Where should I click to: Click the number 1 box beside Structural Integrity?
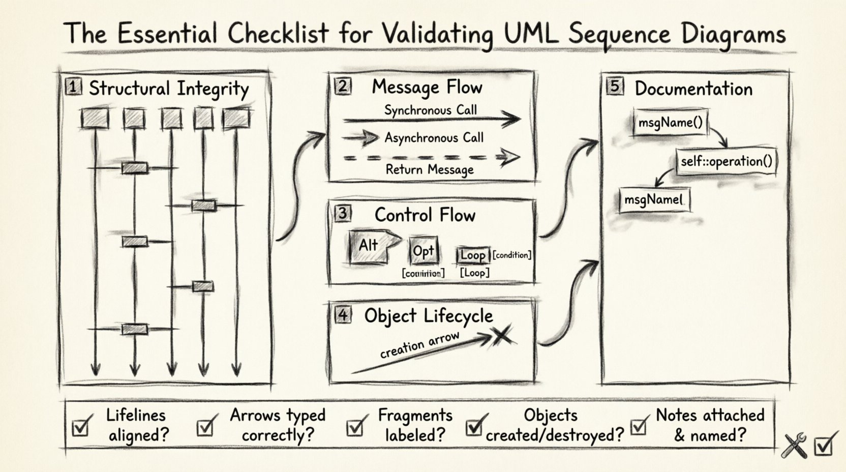73,87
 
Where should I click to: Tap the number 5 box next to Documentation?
615,86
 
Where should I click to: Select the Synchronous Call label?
430,110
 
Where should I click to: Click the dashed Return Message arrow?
431,158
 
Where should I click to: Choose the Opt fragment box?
423,251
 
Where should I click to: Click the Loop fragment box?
473,255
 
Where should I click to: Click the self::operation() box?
726,162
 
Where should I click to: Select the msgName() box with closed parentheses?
670,123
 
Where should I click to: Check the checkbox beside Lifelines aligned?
81,427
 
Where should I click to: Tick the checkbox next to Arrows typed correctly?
205,427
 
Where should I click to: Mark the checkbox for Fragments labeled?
355,427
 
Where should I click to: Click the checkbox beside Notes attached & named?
639,426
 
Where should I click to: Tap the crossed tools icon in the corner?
795,446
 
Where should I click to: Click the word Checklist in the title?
278,34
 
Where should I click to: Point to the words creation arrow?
419,345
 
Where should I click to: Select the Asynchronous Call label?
434,138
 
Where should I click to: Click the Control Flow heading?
425,215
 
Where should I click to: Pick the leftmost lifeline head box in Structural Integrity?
95,119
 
